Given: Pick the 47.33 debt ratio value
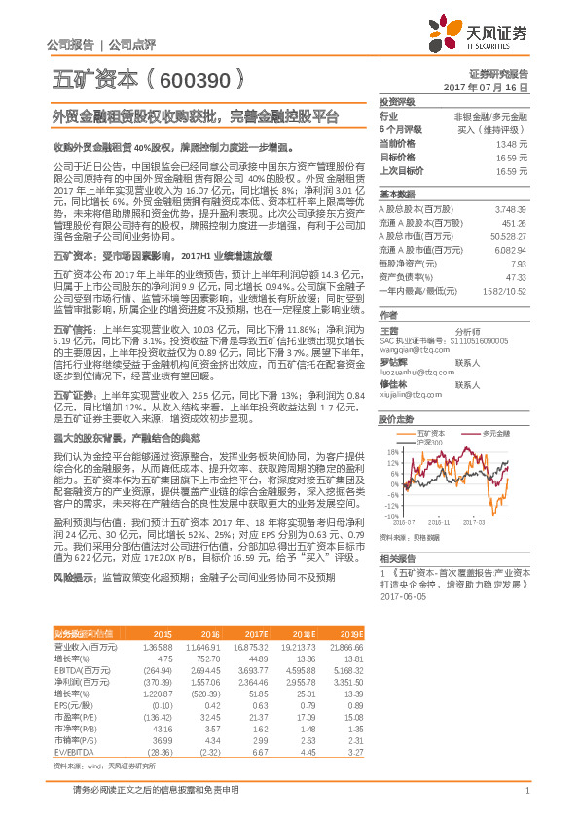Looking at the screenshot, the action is (x=517, y=276).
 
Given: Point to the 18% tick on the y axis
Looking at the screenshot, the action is (x=391, y=451).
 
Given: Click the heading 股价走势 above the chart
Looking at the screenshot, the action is (x=397, y=420).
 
